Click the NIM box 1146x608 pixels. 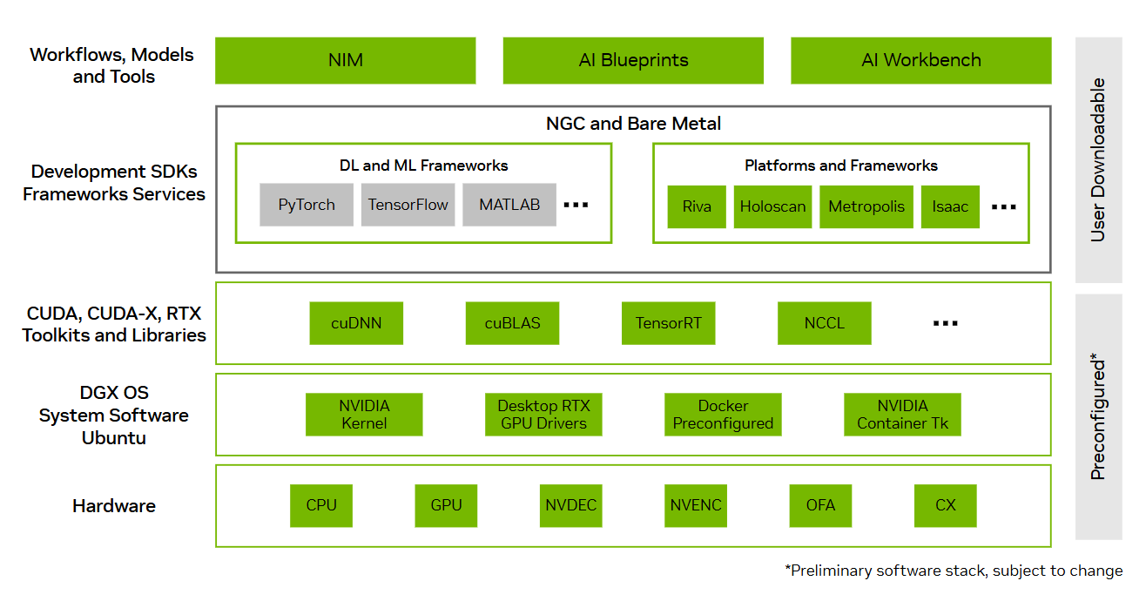[345, 60]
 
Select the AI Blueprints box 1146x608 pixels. [633, 60]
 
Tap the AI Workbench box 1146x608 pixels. [920, 60]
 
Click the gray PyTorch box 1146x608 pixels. [307, 206]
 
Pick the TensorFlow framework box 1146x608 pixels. [408, 206]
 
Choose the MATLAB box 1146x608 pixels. [509, 206]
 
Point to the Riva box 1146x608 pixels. [697, 207]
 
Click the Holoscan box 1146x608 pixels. [772, 207]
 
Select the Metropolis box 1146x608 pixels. [866, 207]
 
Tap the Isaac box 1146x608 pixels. [950, 207]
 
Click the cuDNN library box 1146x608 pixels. [356, 323]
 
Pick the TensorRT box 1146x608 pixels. [668, 323]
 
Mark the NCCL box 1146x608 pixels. [824, 323]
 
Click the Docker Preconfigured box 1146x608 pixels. [723, 415]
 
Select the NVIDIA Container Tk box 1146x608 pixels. [902, 415]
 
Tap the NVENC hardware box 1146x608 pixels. [696, 505]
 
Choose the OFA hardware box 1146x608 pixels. [820, 505]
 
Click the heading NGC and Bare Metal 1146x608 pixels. [633, 124]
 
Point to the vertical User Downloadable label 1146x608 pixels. [1098, 159]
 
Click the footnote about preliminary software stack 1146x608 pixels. [954, 571]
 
